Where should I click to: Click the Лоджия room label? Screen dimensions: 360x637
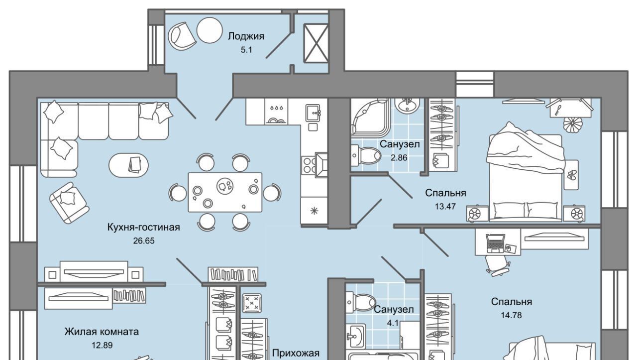[246, 36]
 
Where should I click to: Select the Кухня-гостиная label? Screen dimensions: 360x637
[143, 227]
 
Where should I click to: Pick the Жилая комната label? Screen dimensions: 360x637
[102, 332]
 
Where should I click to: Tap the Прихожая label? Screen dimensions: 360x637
[295, 353]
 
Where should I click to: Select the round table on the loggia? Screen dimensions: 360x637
[209, 30]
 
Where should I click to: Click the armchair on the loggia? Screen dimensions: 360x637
[182, 35]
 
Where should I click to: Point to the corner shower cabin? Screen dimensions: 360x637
[368, 117]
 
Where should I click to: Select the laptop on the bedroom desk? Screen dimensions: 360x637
[495, 242]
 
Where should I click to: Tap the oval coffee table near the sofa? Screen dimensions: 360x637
[128, 163]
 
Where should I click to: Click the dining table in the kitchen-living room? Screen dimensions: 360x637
[225, 192]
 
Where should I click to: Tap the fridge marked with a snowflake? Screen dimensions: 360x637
[314, 210]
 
